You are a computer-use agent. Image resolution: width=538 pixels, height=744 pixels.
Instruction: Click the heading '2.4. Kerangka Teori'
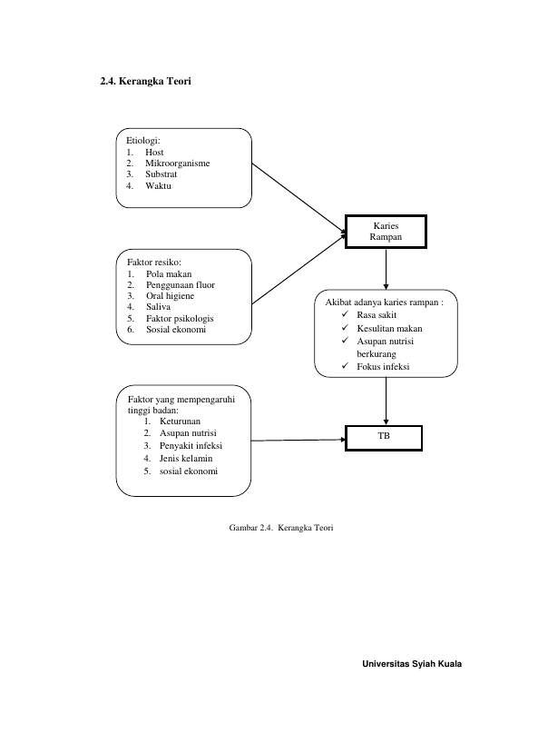coord(145,81)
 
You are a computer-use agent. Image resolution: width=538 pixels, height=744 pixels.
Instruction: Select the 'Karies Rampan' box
coord(386,232)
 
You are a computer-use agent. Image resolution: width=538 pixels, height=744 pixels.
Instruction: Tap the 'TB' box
coord(384,438)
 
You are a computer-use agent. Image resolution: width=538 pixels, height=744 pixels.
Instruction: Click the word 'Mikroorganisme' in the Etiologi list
coord(177,164)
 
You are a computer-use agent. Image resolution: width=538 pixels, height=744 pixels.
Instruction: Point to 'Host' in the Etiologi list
coord(154,153)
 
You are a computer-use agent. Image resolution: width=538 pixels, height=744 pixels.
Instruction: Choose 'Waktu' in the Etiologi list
coord(159,186)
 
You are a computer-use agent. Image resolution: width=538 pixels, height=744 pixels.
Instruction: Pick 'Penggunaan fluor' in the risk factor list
coord(181,285)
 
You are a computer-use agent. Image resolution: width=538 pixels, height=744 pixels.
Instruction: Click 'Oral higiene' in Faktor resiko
coord(171,296)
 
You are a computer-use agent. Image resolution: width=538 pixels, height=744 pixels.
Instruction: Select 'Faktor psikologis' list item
coord(180,318)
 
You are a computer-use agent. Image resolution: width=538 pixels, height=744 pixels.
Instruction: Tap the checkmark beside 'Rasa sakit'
coord(345,314)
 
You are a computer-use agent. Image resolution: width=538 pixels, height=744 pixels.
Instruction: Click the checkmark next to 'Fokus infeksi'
coord(345,365)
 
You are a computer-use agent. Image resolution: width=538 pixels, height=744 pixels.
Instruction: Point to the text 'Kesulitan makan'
coord(389,328)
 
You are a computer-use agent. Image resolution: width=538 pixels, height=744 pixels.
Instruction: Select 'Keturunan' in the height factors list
coord(181,422)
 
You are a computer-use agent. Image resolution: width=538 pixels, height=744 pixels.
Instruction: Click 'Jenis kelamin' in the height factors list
coord(186,459)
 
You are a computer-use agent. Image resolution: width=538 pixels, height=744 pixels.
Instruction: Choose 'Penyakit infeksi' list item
coord(191,445)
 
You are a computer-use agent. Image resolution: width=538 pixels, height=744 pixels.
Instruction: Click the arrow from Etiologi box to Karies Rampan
coord(299,198)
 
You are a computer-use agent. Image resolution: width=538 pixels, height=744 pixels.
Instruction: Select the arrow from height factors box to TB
coord(298,441)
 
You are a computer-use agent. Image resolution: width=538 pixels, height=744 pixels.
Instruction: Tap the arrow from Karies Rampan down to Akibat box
coord(386,269)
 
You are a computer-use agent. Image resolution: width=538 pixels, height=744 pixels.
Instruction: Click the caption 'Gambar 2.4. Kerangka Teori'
coord(281,528)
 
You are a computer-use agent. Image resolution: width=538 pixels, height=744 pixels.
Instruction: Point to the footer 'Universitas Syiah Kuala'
coord(412,664)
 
